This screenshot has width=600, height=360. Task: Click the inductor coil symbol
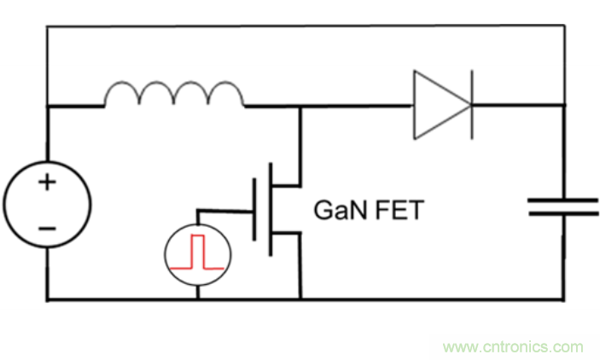(173, 94)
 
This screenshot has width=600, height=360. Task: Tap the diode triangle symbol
(440, 105)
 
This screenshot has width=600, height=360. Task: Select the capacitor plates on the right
(562, 206)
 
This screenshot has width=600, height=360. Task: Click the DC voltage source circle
(47, 206)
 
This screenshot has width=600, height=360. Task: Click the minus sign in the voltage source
(47, 229)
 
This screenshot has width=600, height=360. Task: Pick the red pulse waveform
(198, 252)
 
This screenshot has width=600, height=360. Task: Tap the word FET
(397, 210)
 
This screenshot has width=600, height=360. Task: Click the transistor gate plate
(254, 209)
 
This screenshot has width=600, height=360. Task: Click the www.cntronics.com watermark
(513, 347)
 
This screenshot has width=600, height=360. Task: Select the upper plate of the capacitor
(562, 200)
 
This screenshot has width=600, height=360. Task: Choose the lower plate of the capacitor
(562, 212)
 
